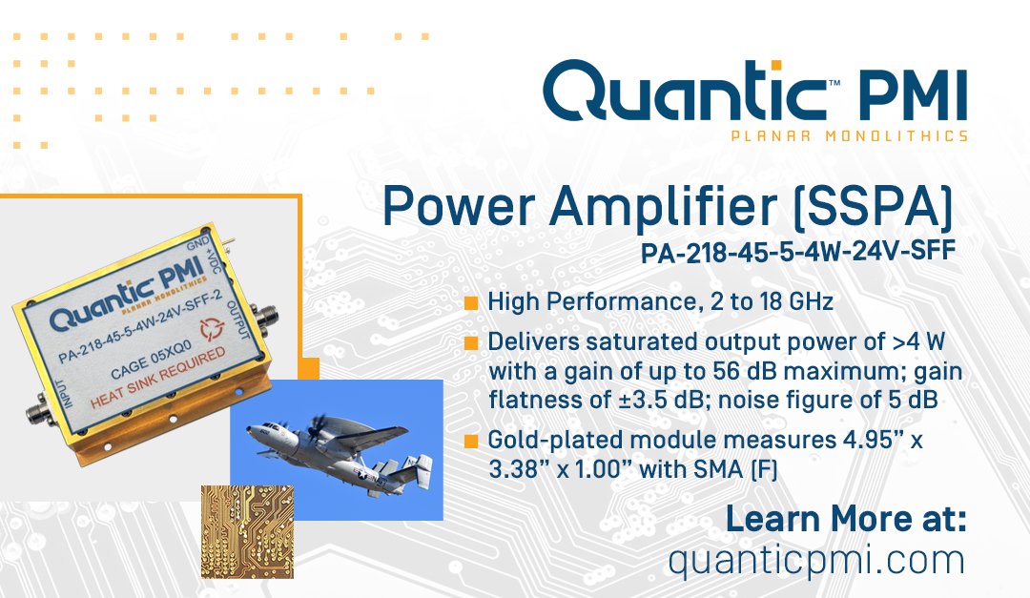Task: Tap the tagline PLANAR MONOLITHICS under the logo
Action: pos(849,135)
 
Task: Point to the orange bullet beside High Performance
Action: pos(471,303)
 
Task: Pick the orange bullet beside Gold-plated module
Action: pos(471,442)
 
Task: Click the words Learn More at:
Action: pos(846,521)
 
